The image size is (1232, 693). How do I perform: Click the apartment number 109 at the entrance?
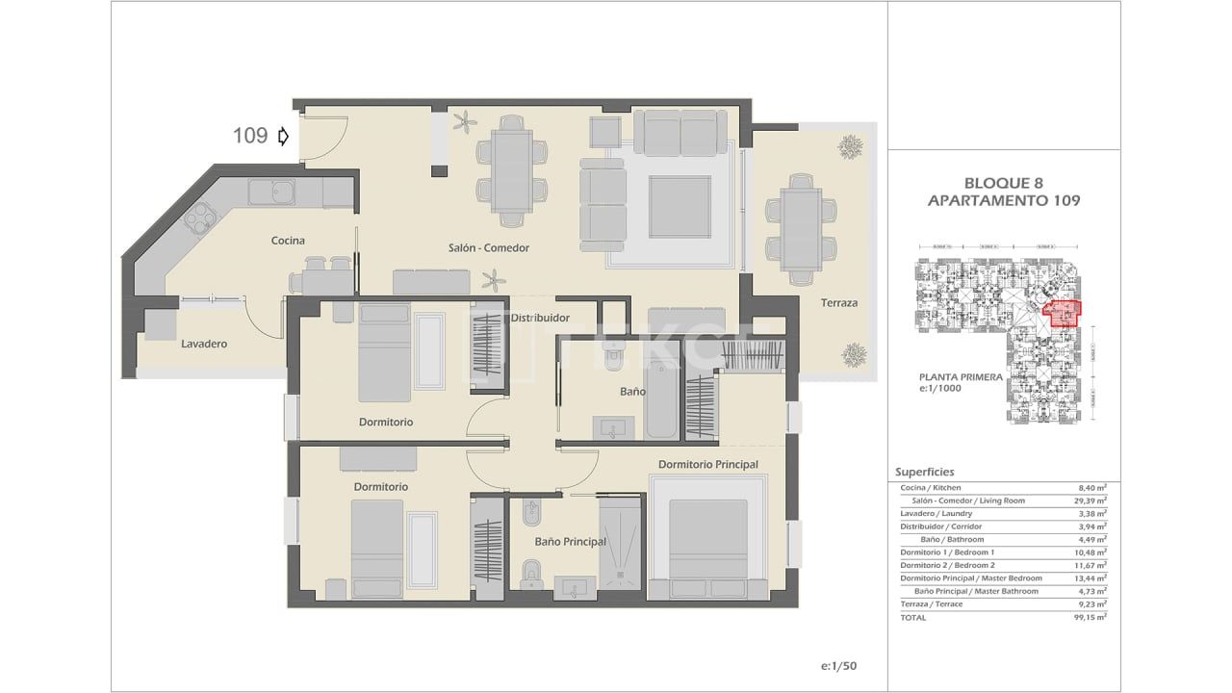[x=250, y=136]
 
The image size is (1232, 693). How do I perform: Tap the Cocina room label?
[x=288, y=240]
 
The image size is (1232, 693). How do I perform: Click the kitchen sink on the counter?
[x=271, y=192]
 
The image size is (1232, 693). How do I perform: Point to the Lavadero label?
[x=204, y=344]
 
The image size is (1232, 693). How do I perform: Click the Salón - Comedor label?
[x=489, y=247]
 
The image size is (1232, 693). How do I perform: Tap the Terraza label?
[x=838, y=303]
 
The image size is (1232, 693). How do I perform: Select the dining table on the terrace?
[x=800, y=229]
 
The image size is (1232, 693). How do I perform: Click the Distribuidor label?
[x=540, y=318]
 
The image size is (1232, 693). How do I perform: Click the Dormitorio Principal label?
[x=707, y=464]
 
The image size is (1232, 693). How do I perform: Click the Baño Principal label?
[x=570, y=542]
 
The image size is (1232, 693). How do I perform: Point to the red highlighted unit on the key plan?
[x=1063, y=314]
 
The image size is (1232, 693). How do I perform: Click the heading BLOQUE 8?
[x=1003, y=183]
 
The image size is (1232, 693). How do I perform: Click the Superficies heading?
[x=924, y=472]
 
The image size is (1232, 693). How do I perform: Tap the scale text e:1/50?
[x=838, y=666]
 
